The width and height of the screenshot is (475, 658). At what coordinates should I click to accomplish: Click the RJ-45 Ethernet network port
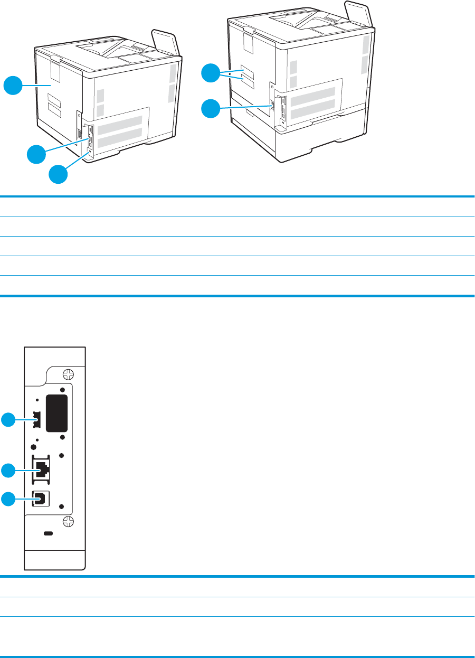(41, 468)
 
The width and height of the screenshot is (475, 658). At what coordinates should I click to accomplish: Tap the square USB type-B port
(41, 498)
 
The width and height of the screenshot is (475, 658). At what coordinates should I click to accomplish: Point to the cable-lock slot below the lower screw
(49, 534)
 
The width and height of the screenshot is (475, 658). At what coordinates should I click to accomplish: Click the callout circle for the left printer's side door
(14, 86)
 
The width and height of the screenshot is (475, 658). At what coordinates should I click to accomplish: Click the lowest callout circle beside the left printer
(59, 174)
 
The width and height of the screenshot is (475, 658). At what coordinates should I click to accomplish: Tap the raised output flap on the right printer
(355, 12)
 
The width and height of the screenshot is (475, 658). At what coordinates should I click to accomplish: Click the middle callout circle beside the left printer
(36, 155)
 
